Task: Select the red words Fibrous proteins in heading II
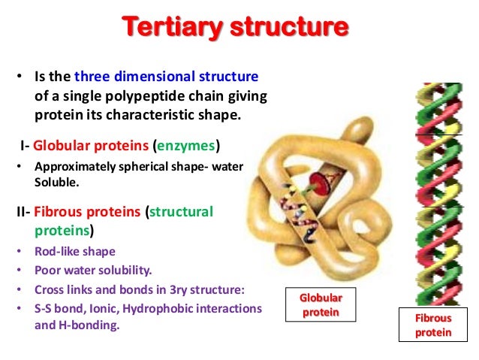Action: coord(84,212)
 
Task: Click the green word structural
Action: coord(182,212)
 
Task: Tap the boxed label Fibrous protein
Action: coord(434,325)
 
